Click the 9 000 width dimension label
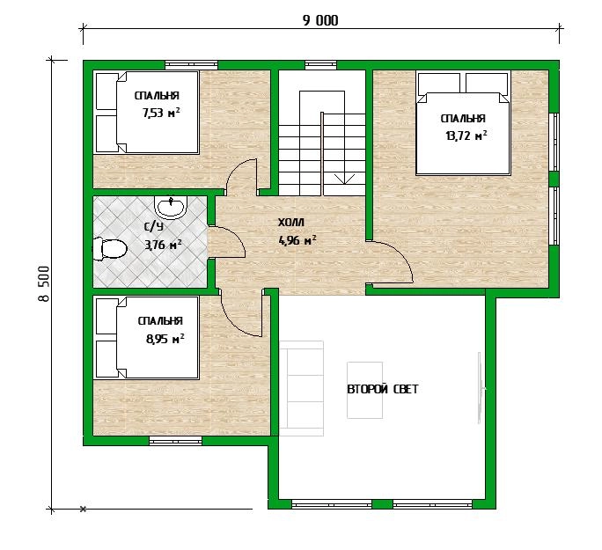click(x=320, y=20)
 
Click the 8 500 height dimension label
click(x=44, y=283)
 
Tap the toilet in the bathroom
click(x=110, y=249)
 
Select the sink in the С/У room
click(x=171, y=207)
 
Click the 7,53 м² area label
click(x=161, y=113)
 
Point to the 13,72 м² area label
click(x=466, y=136)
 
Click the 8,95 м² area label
click(x=165, y=339)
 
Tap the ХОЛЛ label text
click(x=291, y=223)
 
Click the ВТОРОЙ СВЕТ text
click(x=382, y=389)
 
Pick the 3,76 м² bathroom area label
click(x=163, y=245)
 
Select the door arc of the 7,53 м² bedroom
click(x=235, y=169)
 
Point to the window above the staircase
click(x=320, y=65)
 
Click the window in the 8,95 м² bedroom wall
click(x=175, y=441)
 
